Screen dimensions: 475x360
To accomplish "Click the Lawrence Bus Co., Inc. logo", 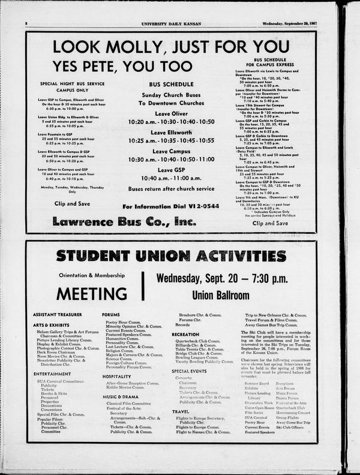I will coord(124,221).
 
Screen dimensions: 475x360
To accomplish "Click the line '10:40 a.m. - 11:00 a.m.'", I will coord(171,178).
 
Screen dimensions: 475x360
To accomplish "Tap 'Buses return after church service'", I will coord(171,188).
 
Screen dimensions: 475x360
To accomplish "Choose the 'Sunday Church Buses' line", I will coord(171,95).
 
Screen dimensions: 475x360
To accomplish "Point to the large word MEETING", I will coord(92,293).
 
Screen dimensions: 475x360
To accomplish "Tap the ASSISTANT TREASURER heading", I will coord(58,314).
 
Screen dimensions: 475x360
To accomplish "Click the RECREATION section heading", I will coord(185,334).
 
